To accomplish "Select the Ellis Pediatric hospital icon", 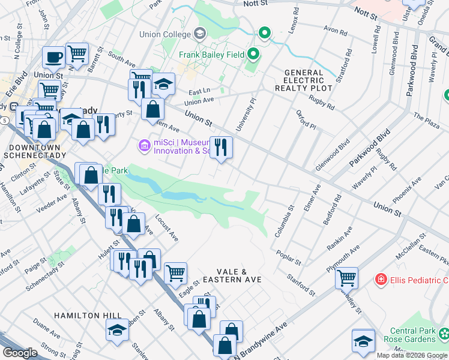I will click(x=380, y=279).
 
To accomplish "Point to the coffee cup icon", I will click(x=53, y=57).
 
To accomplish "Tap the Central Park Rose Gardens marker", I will click(x=443, y=332).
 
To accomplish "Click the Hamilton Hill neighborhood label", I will click(x=88, y=316).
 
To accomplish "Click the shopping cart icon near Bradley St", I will click(x=346, y=278).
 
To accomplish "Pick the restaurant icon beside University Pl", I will click(x=221, y=147).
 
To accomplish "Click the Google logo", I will click(x=19, y=353).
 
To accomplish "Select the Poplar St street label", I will click(x=289, y=255).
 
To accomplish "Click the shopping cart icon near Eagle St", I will click(x=175, y=273).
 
